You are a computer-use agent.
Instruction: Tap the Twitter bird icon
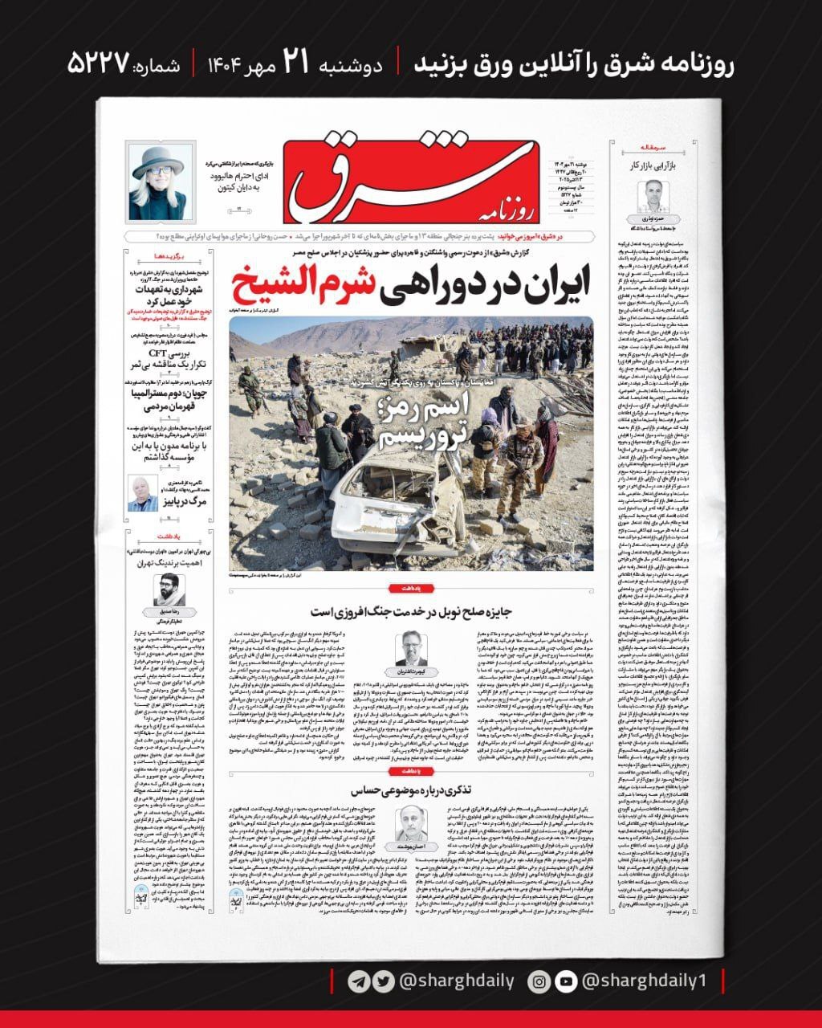[383, 981]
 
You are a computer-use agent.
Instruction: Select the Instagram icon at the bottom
[540, 981]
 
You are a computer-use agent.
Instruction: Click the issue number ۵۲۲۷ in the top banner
[99, 64]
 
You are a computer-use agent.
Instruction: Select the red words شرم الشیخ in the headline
[302, 284]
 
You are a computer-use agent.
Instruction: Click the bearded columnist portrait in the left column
[169, 590]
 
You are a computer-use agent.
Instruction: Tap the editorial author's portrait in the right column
[653, 195]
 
